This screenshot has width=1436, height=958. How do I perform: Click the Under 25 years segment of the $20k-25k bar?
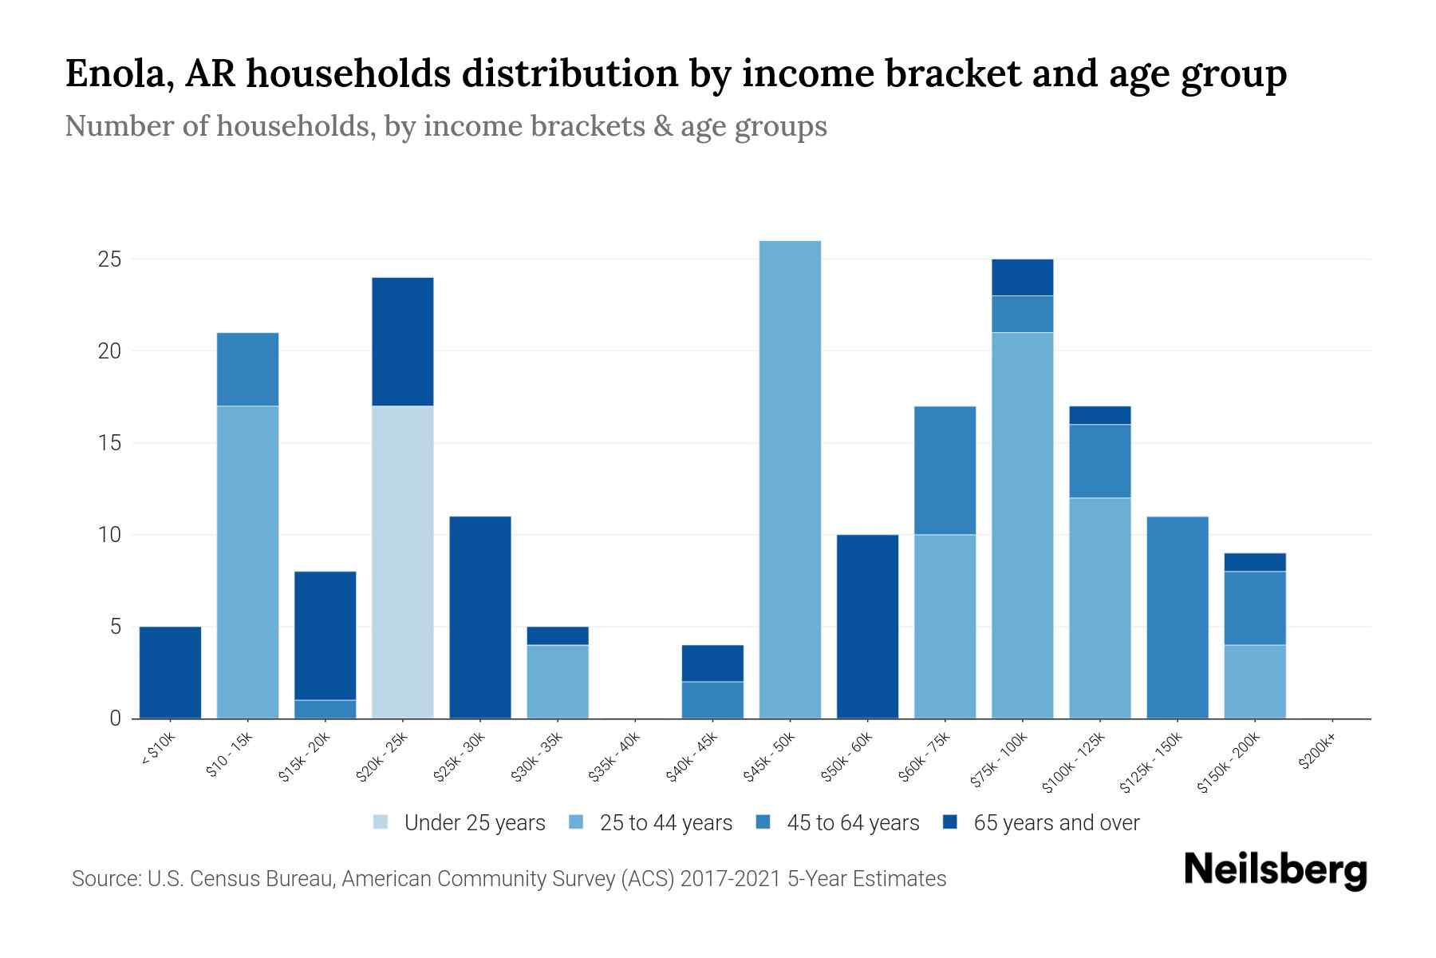point(403,562)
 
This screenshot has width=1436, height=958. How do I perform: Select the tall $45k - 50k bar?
point(790,479)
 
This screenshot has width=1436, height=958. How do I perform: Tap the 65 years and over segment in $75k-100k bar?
point(1022,277)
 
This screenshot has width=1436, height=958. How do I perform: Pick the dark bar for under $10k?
point(170,672)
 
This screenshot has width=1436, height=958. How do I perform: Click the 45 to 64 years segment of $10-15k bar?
point(247,369)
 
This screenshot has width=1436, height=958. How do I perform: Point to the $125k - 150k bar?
point(1177,617)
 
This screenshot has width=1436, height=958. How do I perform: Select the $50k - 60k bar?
point(867,626)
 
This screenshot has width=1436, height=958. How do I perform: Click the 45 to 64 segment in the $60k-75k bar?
point(945,470)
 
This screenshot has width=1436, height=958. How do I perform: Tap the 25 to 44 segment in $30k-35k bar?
point(558,681)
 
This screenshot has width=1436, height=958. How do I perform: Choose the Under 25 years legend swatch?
point(381,822)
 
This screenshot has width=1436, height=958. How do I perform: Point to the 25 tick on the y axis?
point(109,259)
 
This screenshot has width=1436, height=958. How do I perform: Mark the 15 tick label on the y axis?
point(109,443)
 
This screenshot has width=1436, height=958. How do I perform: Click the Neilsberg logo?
point(1276,870)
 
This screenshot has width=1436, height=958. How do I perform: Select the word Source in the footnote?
point(104,879)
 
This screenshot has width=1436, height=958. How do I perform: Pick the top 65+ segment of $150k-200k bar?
point(1254,562)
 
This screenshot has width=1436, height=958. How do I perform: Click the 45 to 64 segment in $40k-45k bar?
point(712,699)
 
